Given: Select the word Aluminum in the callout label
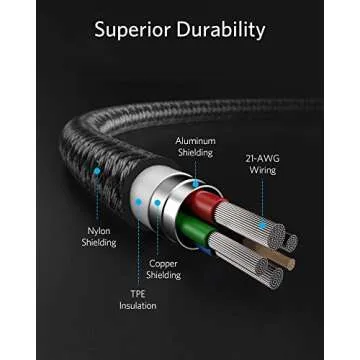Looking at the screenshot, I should click(195, 141).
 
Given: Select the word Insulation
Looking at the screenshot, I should click(137, 307).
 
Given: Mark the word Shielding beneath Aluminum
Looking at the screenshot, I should click(195, 153).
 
